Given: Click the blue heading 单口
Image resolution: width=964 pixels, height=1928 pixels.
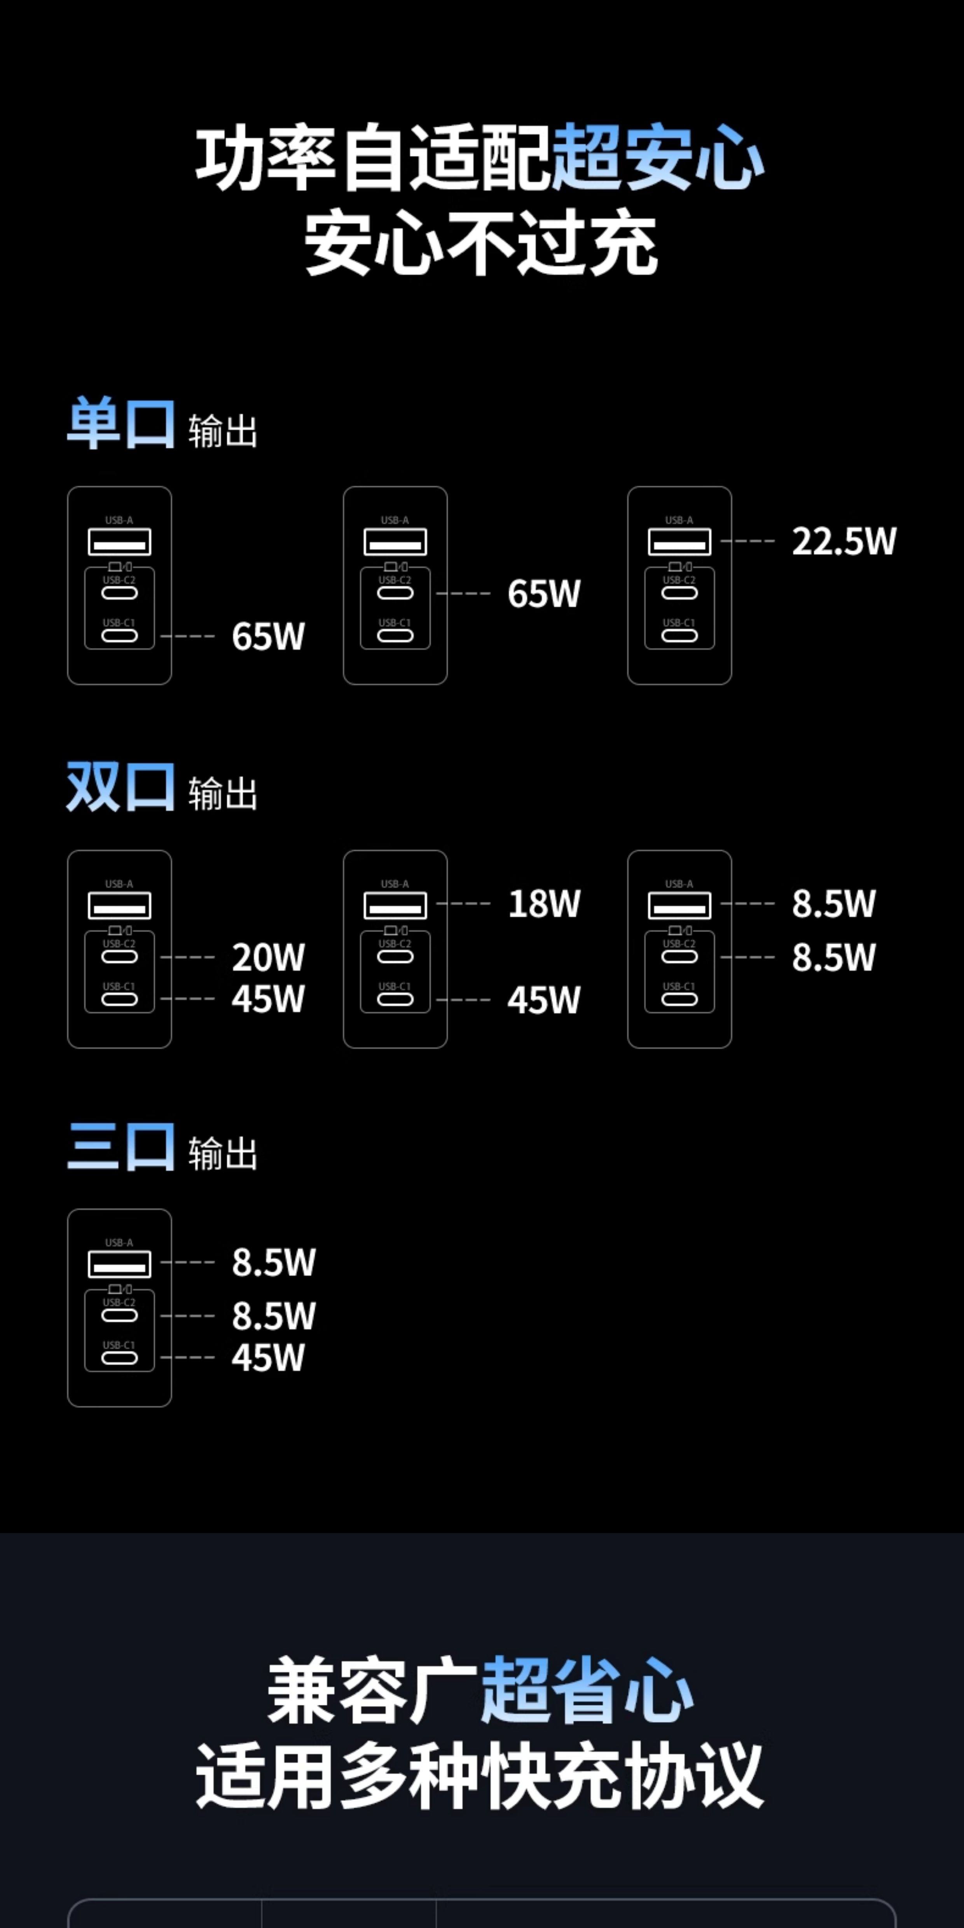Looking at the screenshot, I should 121,424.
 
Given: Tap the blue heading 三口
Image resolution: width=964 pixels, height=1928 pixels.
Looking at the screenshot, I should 121,1147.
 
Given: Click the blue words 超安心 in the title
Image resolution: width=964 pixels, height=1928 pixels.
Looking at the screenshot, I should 657,157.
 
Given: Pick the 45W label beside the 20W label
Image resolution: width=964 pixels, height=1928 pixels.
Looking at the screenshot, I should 268,999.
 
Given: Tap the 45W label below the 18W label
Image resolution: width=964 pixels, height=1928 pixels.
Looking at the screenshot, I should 544,1000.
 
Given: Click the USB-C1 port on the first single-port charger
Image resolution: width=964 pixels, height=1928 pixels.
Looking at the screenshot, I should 120,636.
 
